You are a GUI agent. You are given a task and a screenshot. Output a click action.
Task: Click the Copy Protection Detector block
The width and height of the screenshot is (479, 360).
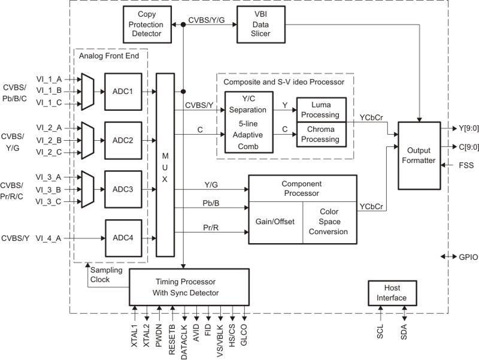point(146,26)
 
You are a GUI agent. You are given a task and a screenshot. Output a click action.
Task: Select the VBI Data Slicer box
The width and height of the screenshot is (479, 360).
point(261,26)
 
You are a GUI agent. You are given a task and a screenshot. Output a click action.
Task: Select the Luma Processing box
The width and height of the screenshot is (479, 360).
point(325,108)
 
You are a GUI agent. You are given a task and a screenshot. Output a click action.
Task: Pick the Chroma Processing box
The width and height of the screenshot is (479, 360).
point(325,135)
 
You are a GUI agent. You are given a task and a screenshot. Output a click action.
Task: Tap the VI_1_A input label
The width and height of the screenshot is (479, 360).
point(50,78)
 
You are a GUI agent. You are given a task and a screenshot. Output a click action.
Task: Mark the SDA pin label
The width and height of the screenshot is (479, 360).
point(404,332)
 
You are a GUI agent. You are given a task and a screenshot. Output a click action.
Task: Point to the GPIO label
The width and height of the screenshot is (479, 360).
point(467,256)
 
